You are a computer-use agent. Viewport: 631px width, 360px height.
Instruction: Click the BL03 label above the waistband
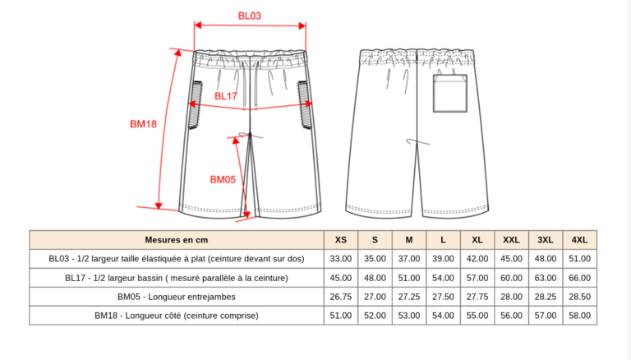coord(250,16)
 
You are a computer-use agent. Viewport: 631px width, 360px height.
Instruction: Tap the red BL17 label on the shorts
coord(226,96)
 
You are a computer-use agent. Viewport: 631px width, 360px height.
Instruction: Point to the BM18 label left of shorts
coord(143,124)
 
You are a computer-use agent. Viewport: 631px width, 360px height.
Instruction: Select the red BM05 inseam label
coord(223,179)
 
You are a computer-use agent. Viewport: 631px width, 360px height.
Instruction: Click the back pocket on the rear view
coord(450,93)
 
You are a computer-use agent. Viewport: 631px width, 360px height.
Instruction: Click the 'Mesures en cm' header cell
coord(177,240)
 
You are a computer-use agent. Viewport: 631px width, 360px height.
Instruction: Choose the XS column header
coord(340,240)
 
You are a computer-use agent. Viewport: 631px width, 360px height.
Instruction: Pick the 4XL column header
coord(579,240)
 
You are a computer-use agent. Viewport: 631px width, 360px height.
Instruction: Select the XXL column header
coord(511,240)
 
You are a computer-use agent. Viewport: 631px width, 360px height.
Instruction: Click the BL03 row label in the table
coord(177,259)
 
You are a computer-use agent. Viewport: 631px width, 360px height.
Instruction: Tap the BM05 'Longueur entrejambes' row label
coord(177,297)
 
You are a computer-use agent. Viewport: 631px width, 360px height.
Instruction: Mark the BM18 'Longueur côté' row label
coord(177,316)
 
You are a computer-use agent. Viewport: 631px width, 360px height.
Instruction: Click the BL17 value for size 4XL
coord(579,278)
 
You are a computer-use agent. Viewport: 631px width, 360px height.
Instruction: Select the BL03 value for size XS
coord(340,259)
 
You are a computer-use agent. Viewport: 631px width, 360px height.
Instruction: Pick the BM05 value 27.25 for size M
coord(408,297)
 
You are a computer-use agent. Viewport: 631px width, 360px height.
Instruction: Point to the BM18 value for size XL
coord(477,316)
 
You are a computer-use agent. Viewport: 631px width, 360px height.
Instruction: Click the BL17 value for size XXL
coord(511,278)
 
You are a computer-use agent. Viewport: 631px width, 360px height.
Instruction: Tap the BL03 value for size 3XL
coord(545,259)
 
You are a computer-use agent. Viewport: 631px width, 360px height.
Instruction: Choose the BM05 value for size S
coord(375,297)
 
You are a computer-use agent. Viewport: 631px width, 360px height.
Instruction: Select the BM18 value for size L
coord(443,316)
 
